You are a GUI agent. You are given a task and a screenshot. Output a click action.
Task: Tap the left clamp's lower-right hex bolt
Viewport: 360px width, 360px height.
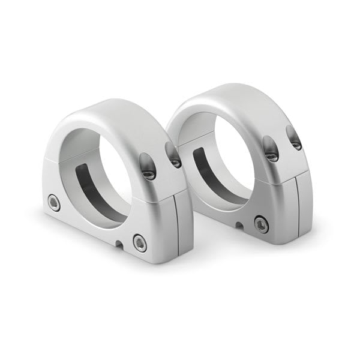(139, 242)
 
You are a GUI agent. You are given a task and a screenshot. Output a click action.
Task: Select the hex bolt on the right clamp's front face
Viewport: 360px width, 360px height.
(260, 224)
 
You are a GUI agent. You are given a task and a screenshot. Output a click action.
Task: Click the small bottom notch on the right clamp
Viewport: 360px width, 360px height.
(238, 226)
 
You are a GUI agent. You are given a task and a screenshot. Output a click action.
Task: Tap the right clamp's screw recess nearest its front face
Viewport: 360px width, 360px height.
(271, 148)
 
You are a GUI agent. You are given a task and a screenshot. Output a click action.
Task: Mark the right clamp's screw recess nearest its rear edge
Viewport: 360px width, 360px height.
(295, 137)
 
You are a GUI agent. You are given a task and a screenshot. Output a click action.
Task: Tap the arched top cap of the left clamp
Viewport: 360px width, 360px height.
(120, 114)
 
